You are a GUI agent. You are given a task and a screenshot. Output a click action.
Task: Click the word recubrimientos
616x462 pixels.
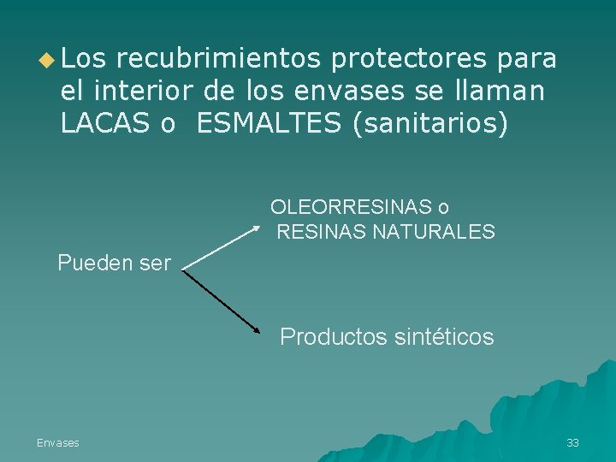tap(217, 59)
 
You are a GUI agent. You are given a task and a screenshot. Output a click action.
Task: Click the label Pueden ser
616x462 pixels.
tap(114, 264)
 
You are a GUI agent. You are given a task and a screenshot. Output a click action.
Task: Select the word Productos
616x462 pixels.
tap(335, 337)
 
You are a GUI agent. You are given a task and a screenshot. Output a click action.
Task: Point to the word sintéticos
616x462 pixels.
tap(445, 337)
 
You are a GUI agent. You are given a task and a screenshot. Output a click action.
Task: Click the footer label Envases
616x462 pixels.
tap(57, 442)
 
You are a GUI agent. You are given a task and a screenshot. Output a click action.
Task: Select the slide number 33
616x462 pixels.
tap(572, 442)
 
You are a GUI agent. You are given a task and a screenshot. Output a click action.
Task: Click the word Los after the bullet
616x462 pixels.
tap(83, 59)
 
